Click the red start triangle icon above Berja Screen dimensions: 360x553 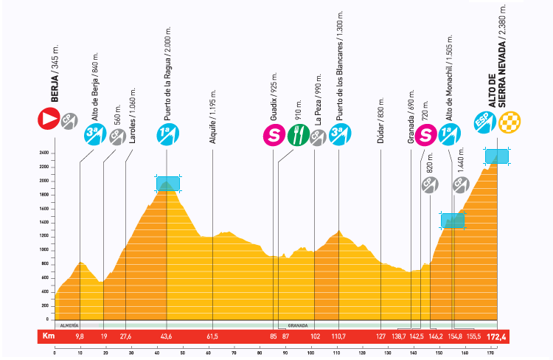pyautogui.click(x=49, y=117)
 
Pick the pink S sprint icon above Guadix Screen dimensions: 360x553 pyautogui.click(x=274, y=135)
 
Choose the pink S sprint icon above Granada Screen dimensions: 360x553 pyautogui.click(x=425, y=134)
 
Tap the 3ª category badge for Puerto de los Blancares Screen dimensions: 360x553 pyautogui.click(x=339, y=135)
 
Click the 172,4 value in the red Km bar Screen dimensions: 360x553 pyautogui.click(x=505, y=336)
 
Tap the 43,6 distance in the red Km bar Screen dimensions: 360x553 pyautogui.click(x=166, y=336)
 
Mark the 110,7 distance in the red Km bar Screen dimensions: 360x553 pyautogui.click(x=338, y=336)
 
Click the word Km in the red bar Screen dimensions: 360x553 pyautogui.click(x=49, y=336)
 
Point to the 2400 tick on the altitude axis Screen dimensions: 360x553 pyautogui.click(x=44, y=153)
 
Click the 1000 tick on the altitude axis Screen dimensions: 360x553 pyautogui.click(x=44, y=250)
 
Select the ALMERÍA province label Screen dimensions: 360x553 pyautogui.click(x=68, y=325)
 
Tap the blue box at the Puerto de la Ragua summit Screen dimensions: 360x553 pyautogui.click(x=167, y=182)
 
